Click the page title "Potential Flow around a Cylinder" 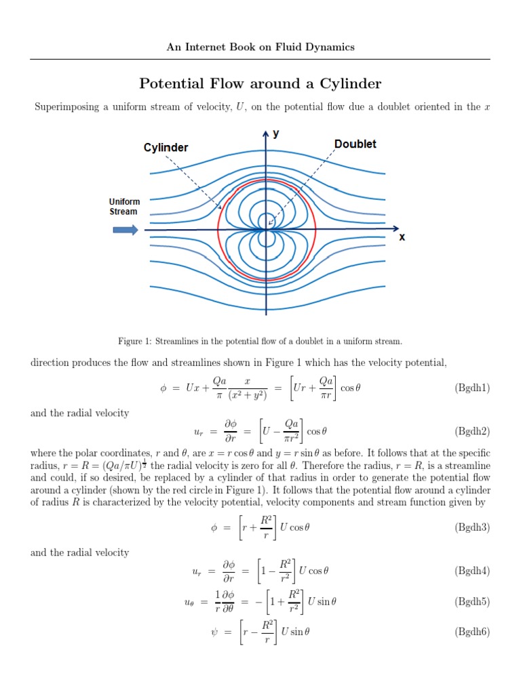[x=260, y=84]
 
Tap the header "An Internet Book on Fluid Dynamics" [x=260, y=47]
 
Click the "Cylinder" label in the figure [x=166, y=148]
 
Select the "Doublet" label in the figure [x=355, y=144]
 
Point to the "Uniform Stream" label [x=124, y=207]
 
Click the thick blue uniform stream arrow [x=125, y=230]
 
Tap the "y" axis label [x=276, y=134]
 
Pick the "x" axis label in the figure [x=402, y=237]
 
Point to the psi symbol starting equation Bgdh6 [x=215, y=632]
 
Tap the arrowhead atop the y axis [x=266, y=132]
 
